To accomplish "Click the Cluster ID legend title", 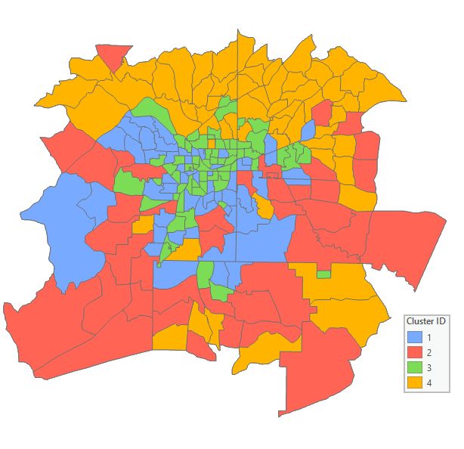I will click(x=425, y=321).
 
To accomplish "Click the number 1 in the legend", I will click(x=429, y=337).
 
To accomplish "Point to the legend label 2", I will click(x=429, y=352).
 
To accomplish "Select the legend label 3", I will click(x=429, y=368).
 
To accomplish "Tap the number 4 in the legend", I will click(x=429, y=383).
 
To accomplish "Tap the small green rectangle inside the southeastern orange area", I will click(x=323, y=274).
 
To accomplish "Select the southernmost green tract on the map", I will click(x=220, y=290).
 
